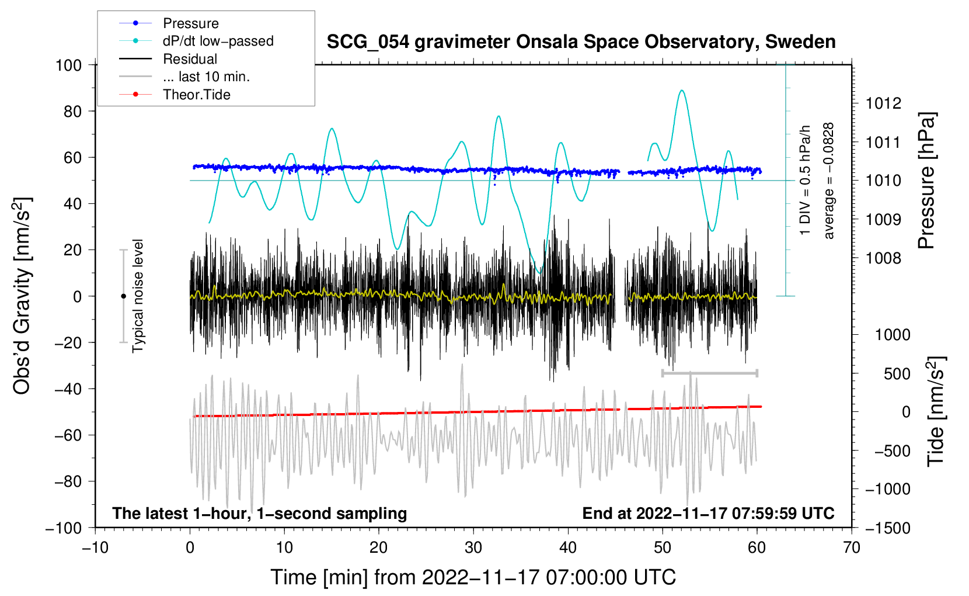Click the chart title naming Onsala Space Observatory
(581, 42)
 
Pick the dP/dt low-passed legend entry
(218, 41)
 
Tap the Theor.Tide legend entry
(196, 95)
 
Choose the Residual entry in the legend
(190, 59)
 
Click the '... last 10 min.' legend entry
(206, 77)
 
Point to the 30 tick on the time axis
(473, 548)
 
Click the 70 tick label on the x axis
(852, 548)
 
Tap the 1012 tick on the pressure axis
(883, 103)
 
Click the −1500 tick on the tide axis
(887, 528)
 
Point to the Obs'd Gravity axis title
(22, 296)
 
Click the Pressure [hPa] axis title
(927, 181)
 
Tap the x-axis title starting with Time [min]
(473, 577)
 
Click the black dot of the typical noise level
(123, 296)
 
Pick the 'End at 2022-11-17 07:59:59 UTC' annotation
(708, 513)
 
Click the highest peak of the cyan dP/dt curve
(681, 91)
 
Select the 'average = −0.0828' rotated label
(829, 181)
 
